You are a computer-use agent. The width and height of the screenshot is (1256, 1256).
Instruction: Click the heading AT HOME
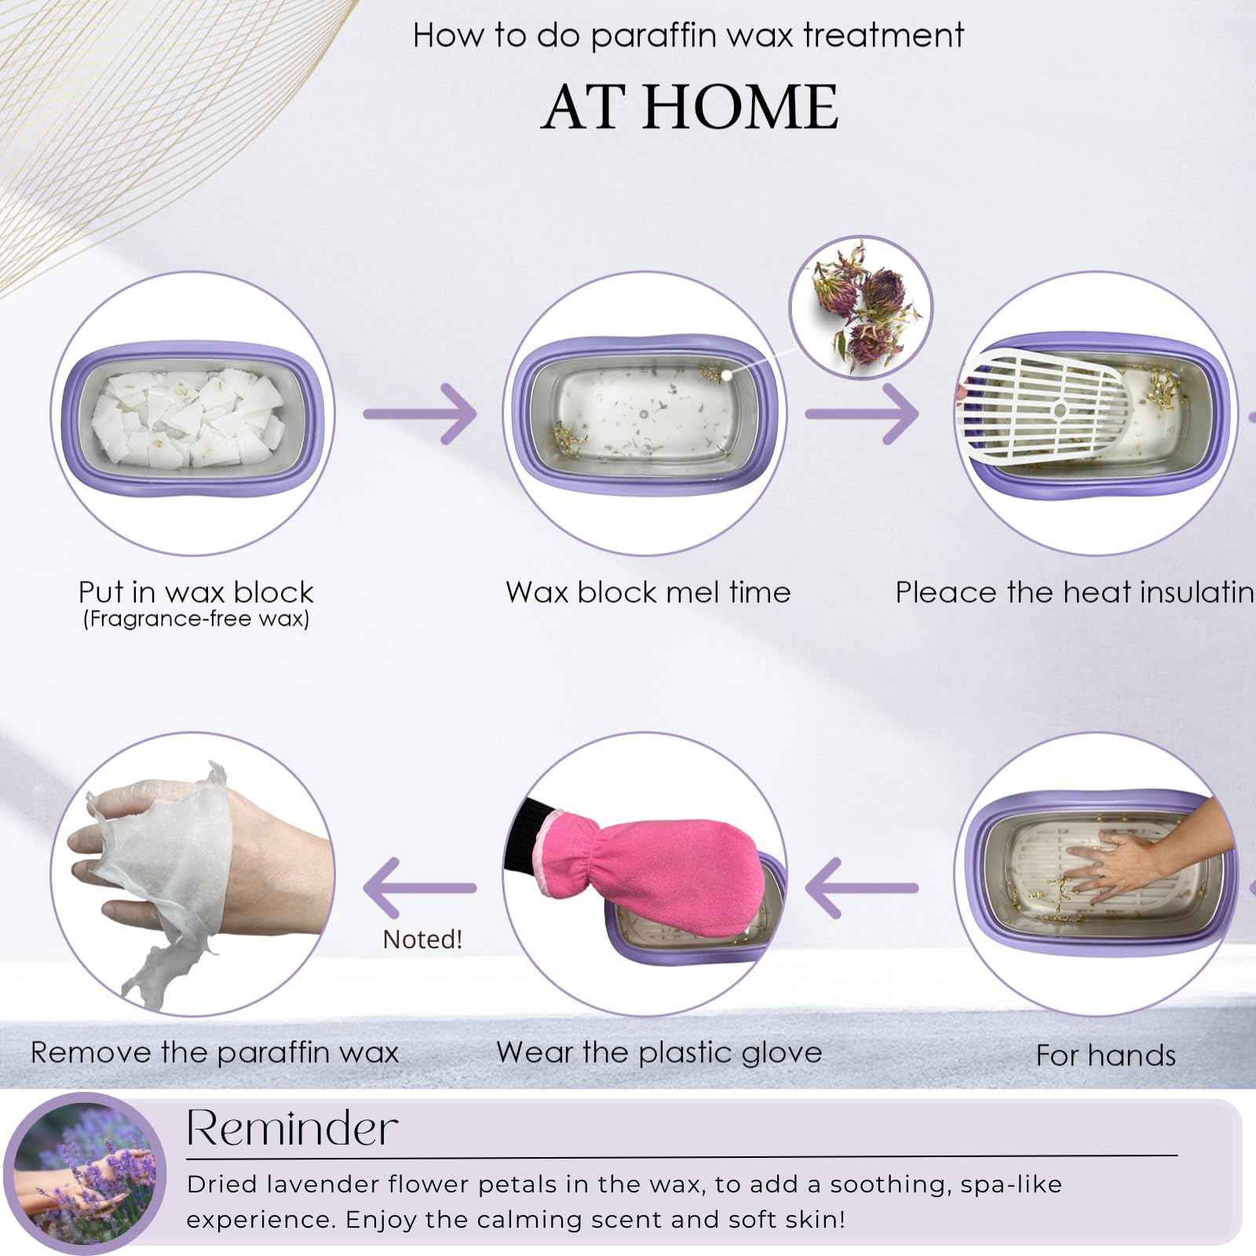pos(690,107)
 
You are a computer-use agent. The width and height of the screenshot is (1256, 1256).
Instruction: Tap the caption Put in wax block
pos(195,591)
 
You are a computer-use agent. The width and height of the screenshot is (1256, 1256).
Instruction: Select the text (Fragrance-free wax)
pos(195,619)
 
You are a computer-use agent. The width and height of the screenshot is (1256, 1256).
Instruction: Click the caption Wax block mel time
pos(648,592)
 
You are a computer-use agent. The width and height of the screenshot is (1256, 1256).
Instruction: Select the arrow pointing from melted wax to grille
pos(862,414)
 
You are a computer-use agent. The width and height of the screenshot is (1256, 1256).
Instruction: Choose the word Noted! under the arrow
pos(422,940)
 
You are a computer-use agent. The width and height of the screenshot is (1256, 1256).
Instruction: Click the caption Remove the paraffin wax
pos(214,1053)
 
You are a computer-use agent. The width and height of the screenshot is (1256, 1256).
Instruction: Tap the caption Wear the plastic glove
pos(659,1053)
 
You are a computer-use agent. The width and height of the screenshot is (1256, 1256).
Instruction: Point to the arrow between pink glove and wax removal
pos(421,888)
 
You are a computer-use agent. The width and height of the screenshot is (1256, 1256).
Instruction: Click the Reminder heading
pos(292,1129)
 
